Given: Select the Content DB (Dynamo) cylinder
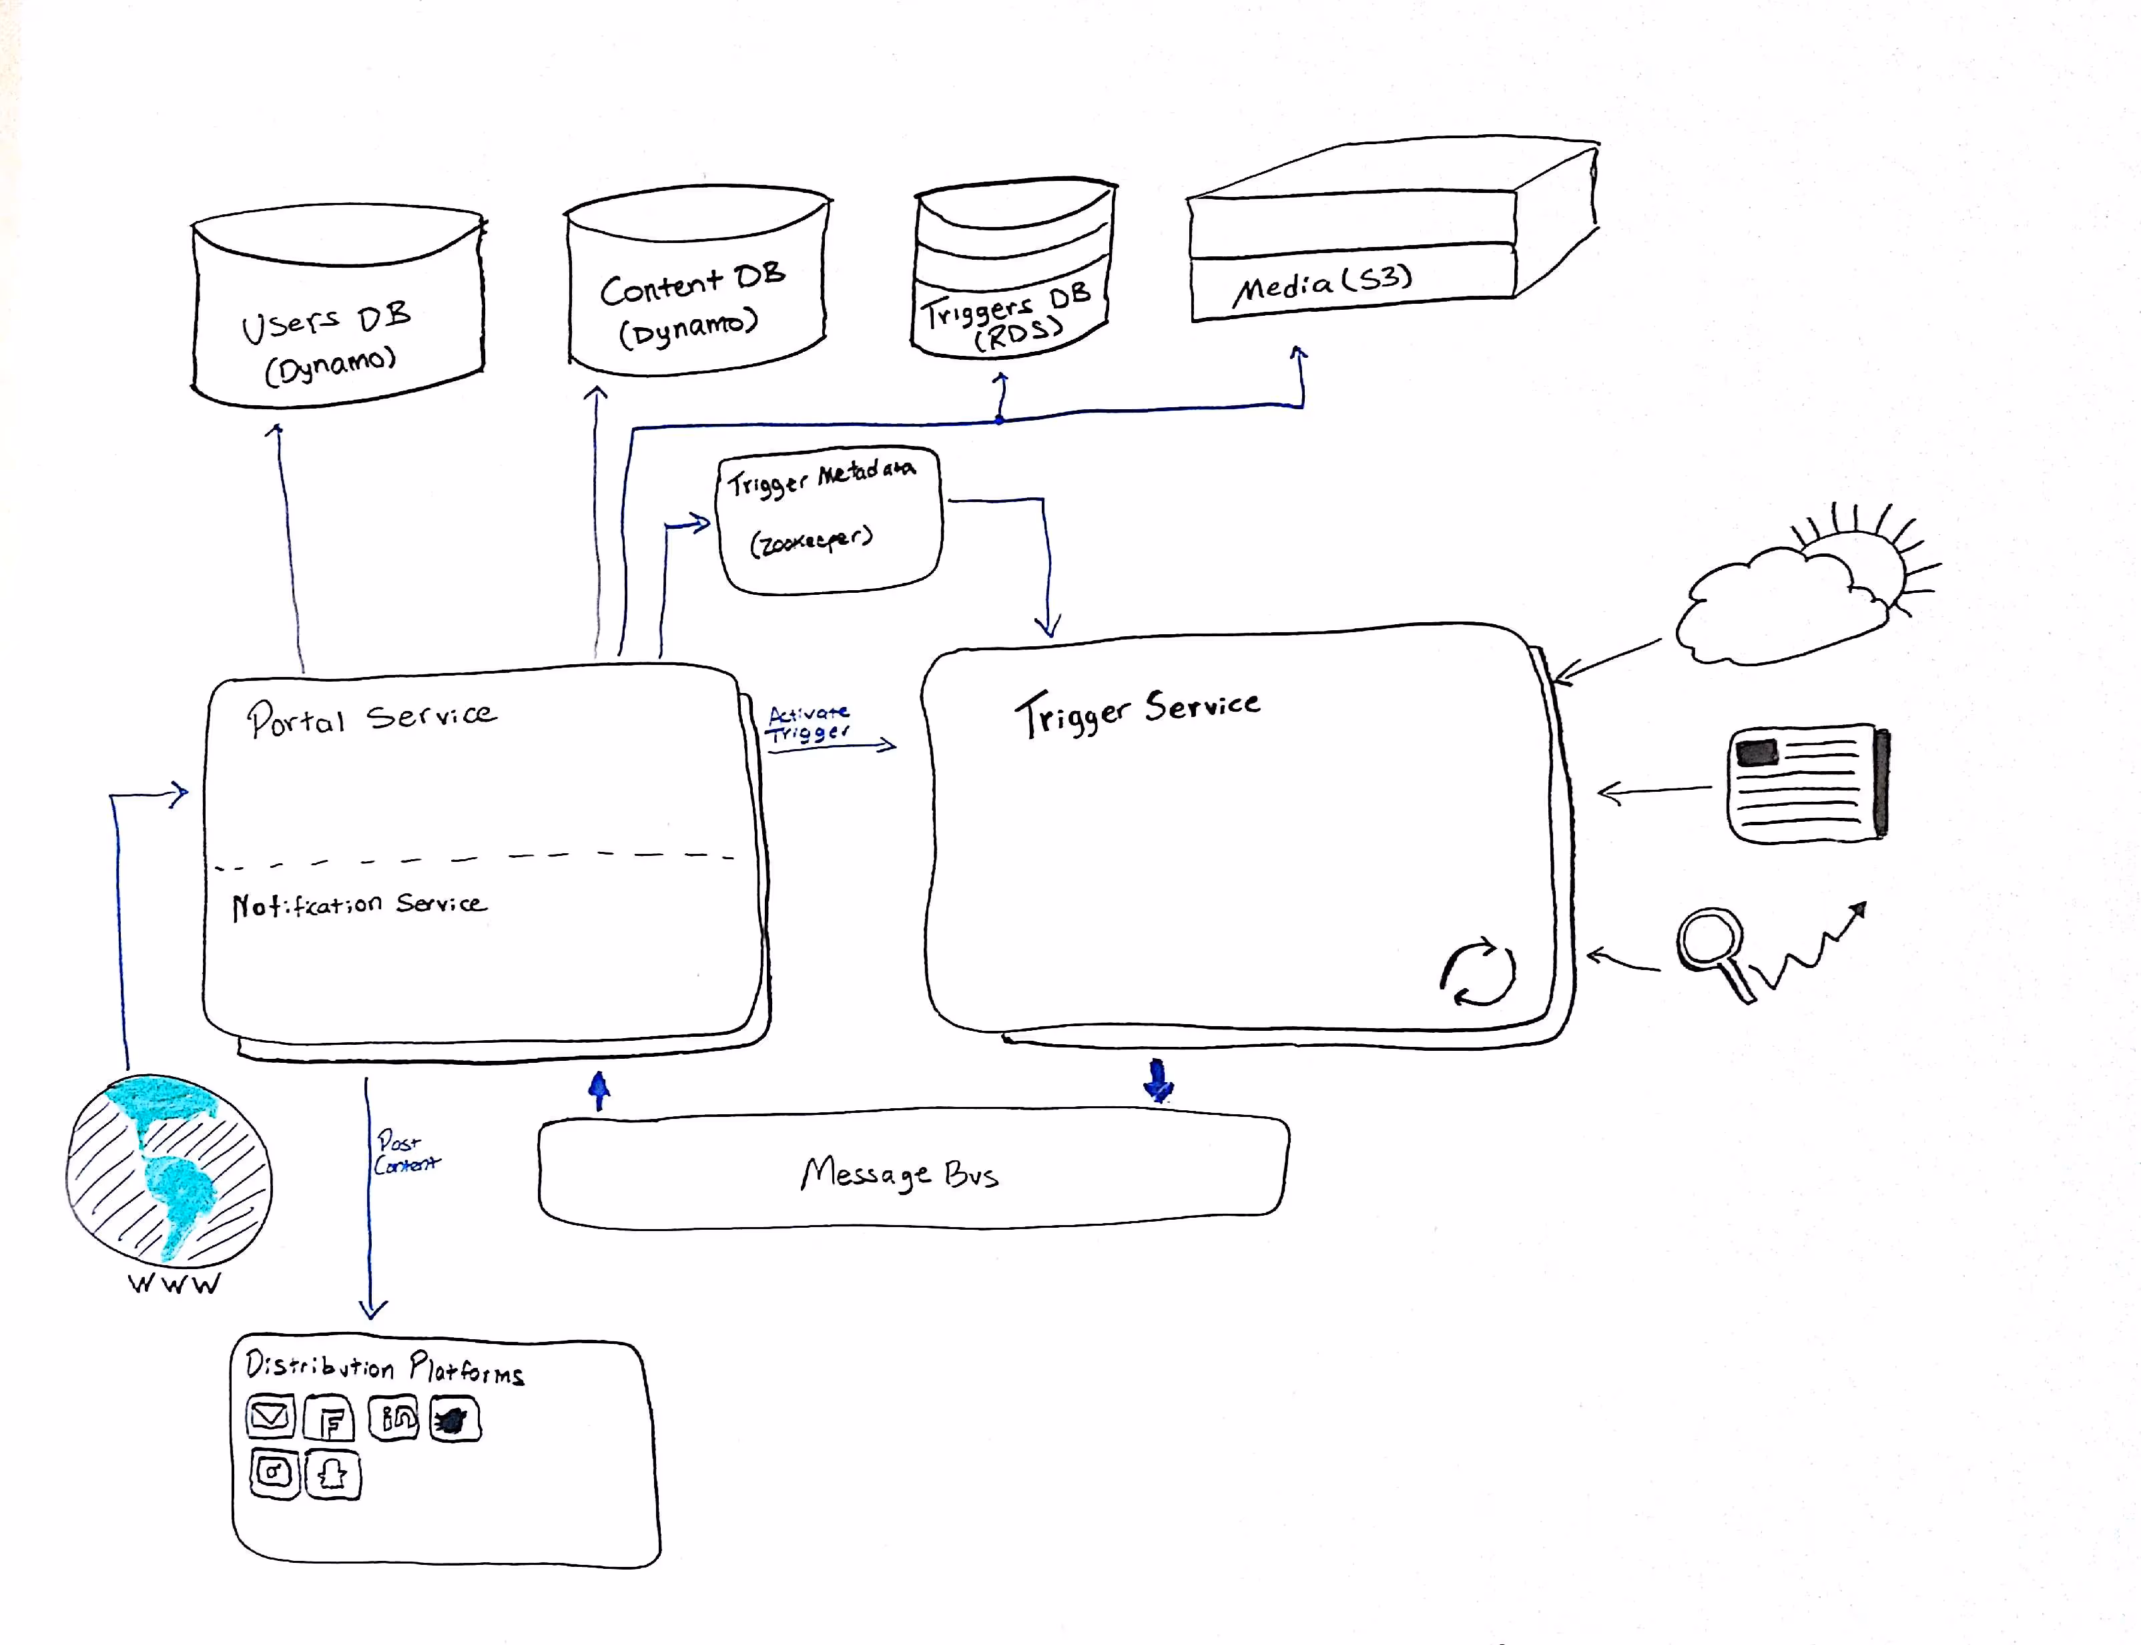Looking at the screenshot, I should tap(695, 294).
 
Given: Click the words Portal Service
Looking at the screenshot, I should tap(371, 718).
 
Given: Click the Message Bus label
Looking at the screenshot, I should tap(899, 1173).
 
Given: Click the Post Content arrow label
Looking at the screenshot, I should tap(404, 1152).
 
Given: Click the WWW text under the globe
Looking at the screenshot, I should tap(174, 1284).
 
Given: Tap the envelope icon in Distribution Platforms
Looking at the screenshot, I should tap(269, 1416).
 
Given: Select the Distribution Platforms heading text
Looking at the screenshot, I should tap(384, 1366).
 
